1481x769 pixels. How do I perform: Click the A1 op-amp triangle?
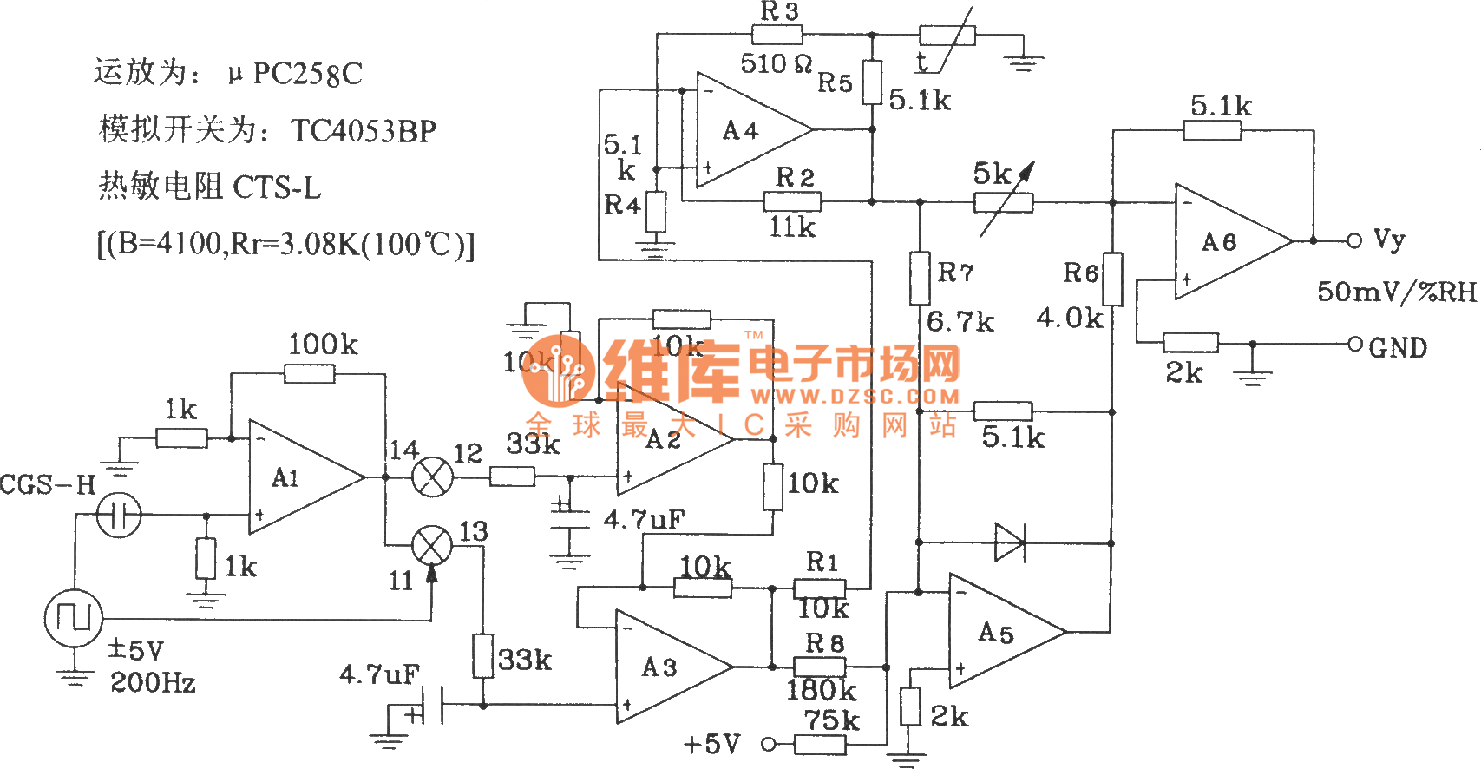click(299, 477)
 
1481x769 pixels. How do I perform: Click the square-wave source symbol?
click(74, 618)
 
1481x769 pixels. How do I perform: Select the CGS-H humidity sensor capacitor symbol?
click(119, 515)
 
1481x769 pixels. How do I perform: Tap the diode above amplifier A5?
click(1010, 542)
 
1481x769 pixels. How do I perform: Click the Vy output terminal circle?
click(1354, 240)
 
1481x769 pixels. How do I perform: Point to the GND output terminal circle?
click(1354, 344)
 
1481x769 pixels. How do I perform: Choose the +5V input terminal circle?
click(768, 744)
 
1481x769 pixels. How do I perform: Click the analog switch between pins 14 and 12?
click(431, 477)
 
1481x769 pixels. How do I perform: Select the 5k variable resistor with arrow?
click(1003, 203)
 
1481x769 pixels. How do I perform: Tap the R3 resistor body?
click(777, 36)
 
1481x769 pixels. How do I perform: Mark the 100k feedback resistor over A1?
click(310, 374)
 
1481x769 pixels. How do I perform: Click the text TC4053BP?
click(364, 131)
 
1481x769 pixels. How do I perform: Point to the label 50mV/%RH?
click(1396, 292)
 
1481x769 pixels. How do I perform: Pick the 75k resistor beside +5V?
click(820, 744)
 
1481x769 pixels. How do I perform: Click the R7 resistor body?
click(920, 278)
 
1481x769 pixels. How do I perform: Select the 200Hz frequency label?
click(153, 684)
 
